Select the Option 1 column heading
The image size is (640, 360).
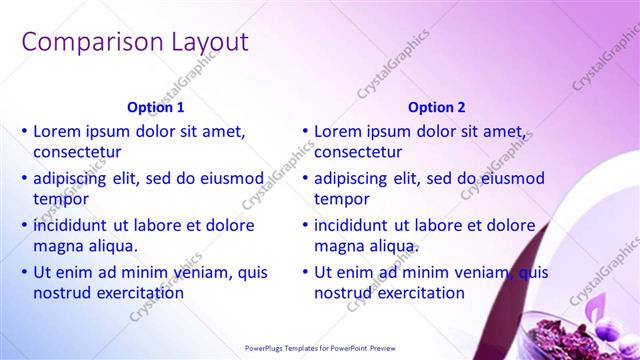(156, 107)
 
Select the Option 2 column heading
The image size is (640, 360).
(437, 107)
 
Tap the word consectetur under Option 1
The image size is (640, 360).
(77, 153)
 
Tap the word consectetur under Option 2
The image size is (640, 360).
(358, 153)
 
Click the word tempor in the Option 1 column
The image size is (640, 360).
(61, 200)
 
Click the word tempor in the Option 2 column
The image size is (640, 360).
(342, 200)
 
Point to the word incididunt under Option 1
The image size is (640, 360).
(79, 225)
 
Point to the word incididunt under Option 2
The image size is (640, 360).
(360, 225)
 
